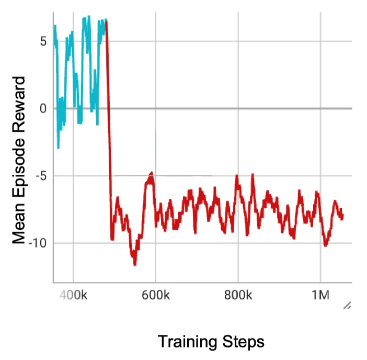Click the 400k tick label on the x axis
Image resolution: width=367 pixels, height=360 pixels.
coord(73,295)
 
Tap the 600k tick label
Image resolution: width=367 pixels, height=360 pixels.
coord(156,295)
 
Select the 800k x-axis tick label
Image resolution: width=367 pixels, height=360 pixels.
coord(238,295)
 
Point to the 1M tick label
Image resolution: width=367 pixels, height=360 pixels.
coord(320,295)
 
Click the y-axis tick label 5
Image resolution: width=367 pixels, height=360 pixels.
coord(43,42)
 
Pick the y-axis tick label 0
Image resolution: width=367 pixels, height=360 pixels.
coord(43,109)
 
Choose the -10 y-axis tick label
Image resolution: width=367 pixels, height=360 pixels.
coord(37,243)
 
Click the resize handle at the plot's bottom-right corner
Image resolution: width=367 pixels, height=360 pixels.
coord(347,306)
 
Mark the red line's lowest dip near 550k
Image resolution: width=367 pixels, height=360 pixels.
coord(135,264)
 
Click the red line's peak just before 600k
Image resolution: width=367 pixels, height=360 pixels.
coord(151,173)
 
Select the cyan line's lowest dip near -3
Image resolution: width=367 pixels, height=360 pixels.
coord(58,148)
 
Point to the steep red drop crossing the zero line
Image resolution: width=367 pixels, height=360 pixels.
coord(109,109)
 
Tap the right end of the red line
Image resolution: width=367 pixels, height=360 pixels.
coord(343,217)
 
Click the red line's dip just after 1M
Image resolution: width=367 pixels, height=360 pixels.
coord(326,244)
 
